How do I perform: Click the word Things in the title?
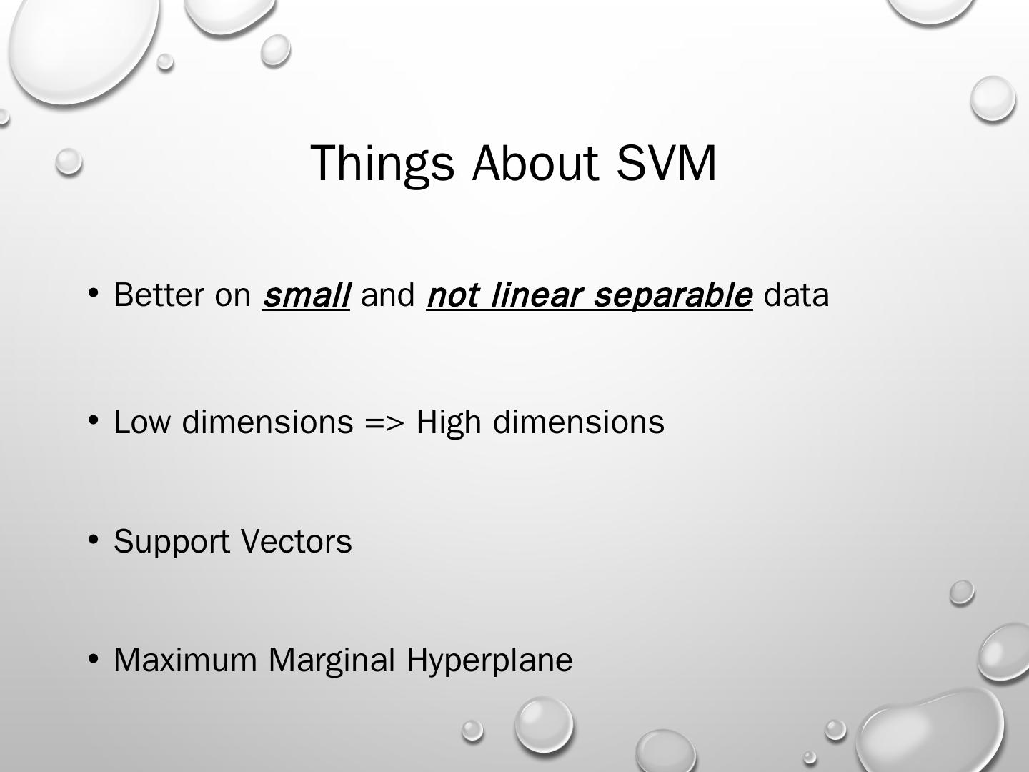click(x=382, y=164)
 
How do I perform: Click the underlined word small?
click(x=306, y=295)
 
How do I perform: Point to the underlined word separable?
click(x=673, y=296)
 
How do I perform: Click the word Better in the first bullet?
click(x=159, y=295)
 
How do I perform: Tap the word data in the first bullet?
click(x=797, y=295)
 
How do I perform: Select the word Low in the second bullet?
click(x=142, y=422)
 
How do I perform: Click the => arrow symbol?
click(x=384, y=422)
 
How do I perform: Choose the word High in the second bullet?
click(x=449, y=423)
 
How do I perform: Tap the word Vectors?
click(x=297, y=541)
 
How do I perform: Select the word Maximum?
click(x=185, y=660)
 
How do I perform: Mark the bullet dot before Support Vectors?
click(x=94, y=540)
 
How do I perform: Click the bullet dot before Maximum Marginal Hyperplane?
click(x=94, y=658)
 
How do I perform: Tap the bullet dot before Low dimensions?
click(x=94, y=420)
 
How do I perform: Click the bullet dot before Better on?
click(x=94, y=293)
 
